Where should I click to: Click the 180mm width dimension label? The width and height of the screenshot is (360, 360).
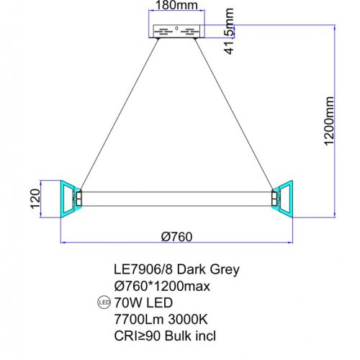tap(176, 5)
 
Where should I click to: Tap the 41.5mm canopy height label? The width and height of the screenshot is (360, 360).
tap(229, 31)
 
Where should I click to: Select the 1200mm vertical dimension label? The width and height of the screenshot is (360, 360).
tap(329, 121)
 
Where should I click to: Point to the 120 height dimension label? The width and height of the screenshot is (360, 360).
tap(35, 199)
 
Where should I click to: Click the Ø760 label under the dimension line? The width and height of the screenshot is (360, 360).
tap(176, 237)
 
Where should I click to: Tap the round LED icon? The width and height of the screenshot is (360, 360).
tap(104, 302)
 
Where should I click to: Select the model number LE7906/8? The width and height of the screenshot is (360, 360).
tap(143, 269)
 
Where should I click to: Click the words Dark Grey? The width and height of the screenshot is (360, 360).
tap(208, 270)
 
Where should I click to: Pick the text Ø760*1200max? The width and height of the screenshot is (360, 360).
tap(162, 286)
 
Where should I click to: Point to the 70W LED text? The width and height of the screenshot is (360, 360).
tap(143, 302)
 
